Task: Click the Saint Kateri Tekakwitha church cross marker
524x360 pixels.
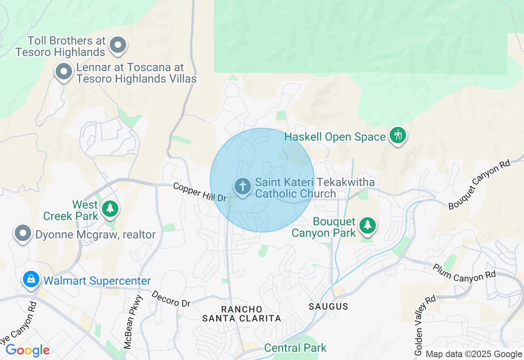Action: pos(243,187)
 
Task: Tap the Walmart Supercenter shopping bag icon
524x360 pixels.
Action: pos(31,280)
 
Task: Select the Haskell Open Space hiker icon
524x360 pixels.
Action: pos(398,135)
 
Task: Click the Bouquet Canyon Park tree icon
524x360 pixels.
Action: pos(368,225)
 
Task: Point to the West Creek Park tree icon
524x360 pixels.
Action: pos(110,209)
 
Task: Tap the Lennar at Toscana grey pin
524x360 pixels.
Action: pos(63,72)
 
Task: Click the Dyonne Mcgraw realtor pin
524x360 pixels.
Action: pos(23,233)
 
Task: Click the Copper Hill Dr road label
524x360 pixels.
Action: pos(200,192)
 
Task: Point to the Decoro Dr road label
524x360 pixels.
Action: pos(171,299)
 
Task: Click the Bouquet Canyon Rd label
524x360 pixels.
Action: pos(479,184)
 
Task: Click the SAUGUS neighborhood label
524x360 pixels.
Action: pos(328,306)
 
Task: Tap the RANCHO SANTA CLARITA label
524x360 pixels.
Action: pos(242,313)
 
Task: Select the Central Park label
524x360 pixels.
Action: pos(295,348)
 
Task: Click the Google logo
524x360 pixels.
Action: pos(27,350)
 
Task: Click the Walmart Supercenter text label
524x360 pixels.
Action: pos(97,281)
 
